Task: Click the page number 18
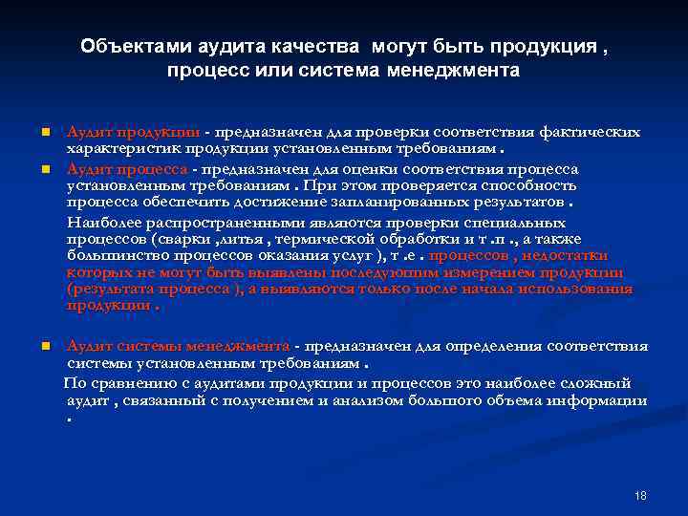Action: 640,496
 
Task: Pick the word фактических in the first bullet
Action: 591,132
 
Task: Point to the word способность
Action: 532,185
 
